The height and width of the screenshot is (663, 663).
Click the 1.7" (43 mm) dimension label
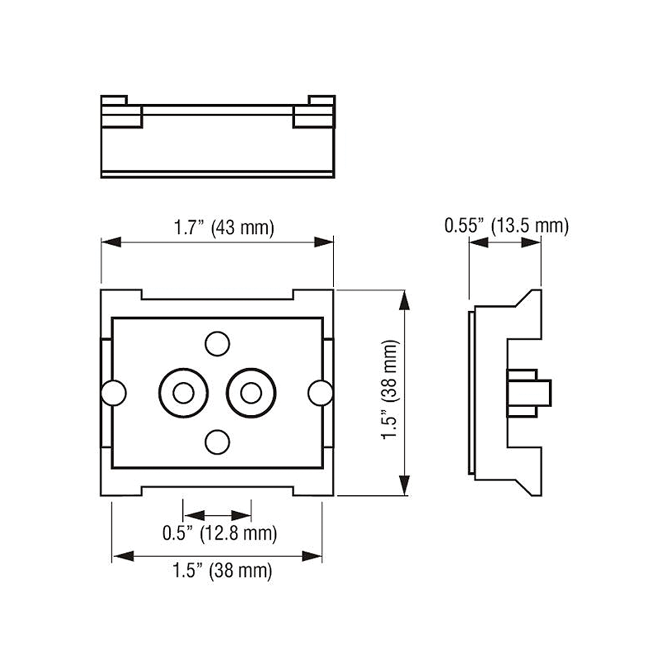pyautogui.click(x=224, y=228)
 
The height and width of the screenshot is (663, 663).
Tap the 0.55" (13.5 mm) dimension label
pyautogui.click(x=506, y=225)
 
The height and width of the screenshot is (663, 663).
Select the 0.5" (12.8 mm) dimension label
pyautogui.click(x=219, y=533)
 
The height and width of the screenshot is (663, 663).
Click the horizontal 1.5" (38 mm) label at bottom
pyautogui.click(x=222, y=570)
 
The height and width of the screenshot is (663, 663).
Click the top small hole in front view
pyautogui.click(x=217, y=343)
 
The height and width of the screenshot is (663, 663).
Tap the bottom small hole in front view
pyautogui.click(x=217, y=442)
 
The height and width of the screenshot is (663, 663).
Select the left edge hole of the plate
pyautogui.click(x=113, y=392)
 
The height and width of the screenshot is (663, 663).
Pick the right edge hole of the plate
pyautogui.click(x=320, y=392)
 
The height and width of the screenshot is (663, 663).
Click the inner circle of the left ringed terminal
pyautogui.click(x=184, y=392)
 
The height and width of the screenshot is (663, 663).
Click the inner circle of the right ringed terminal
pyautogui.click(x=251, y=392)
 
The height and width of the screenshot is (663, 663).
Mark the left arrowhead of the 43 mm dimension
pyautogui.click(x=111, y=242)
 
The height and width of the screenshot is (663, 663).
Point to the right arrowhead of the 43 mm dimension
pyautogui.click(x=324, y=242)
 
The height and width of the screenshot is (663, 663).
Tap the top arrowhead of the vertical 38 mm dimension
pyautogui.click(x=404, y=300)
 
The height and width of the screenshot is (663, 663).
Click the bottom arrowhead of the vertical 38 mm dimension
pyautogui.click(x=404, y=485)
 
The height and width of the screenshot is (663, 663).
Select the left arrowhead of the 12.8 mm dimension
pyautogui.click(x=194, y=515)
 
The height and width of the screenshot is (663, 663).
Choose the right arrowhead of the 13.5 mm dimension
pyautogui.click(x=531, y=242)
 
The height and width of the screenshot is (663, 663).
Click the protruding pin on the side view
pyautogui.click(x=529, y=393)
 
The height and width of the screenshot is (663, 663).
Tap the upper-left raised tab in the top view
pyautogui.click(x=114, y=101)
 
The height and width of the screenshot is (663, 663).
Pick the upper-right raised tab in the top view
pyautogui.click(x=322, y=101)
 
